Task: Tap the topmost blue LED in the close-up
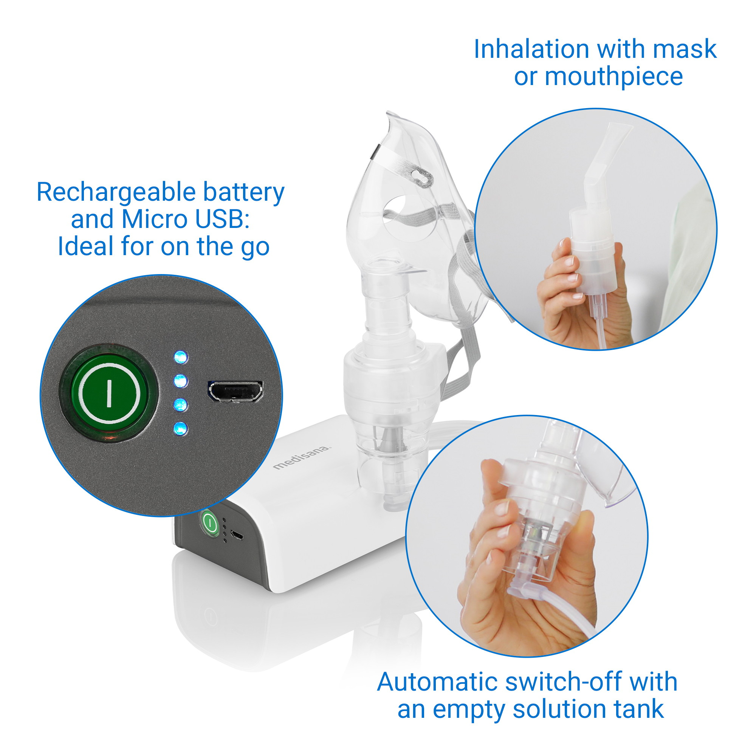coord(180,357)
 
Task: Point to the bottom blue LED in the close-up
coord(180,429)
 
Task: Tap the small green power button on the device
coord(210,522)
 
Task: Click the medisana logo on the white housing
coord(301,457)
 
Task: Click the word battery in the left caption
coord(243,193)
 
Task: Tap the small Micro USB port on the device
coord(236,535)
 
